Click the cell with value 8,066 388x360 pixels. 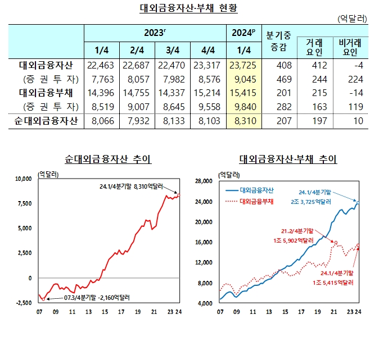point(101,120)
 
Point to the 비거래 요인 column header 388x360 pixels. point(349,47)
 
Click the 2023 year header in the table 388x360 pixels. point(155,32)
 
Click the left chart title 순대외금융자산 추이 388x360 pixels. point(109,160)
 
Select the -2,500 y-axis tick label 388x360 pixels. point(23,303)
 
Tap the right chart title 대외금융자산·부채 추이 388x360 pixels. point(288,160)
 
